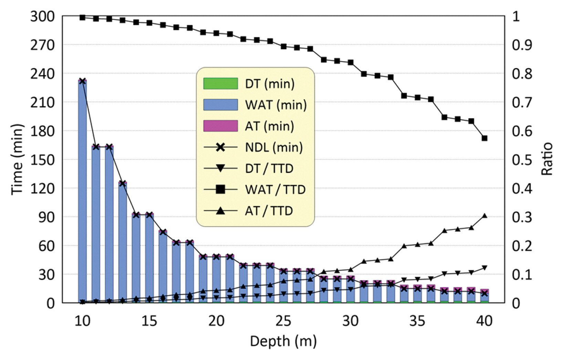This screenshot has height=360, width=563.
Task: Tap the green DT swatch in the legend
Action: tap(220, 84)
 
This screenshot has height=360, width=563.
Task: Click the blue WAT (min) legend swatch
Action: tap(220, 105)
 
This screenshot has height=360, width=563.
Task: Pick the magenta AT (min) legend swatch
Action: tap(220, 126)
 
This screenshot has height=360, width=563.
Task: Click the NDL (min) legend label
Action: tap(273, 147)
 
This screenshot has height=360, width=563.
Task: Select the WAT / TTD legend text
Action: tap(275, 190)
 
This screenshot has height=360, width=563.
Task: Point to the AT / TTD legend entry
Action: tap(269, 211)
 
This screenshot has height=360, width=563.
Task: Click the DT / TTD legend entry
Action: tap(269, 169)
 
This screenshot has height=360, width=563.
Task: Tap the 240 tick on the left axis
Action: tap(42, 74)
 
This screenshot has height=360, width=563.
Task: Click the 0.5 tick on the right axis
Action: tap(521, 160)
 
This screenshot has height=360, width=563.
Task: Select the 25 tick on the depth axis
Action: tap(283, 321)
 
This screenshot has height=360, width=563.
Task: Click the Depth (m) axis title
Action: tap(283, 341)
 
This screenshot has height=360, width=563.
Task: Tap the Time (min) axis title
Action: tap(17, 159)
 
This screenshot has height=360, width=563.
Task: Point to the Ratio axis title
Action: tap(547, 159)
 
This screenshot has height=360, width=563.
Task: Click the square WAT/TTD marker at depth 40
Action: tap(484, 138)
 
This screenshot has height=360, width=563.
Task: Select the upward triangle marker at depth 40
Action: tap(484, 216)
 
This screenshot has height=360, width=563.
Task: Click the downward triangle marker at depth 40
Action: tap(484, 268)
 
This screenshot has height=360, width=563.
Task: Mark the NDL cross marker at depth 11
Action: tap(96, 147)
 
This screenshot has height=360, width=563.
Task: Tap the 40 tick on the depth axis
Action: tap(484, 321)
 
